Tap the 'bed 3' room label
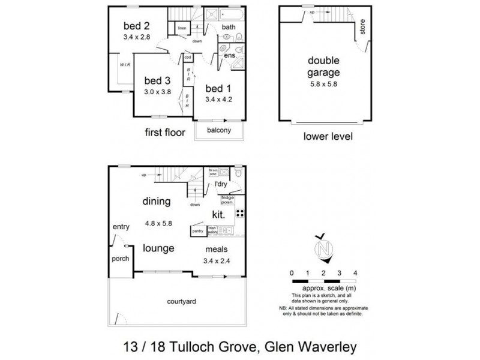[x=158, y=80]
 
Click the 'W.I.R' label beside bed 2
[x=125, y=65]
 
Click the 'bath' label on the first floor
[x=229, y=27]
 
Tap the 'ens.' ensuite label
[x=230, y=56]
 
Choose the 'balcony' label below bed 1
[x=220, y=130]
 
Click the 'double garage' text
[x=324, y=67]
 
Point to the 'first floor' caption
[x=165, y=133]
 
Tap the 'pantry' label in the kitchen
[x=197, y=230]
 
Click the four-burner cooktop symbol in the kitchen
[x=239, y=213]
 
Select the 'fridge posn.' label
[x=227, y=200]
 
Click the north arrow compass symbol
[x=325, y=247]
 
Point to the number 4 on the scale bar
[x=355, y=273]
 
